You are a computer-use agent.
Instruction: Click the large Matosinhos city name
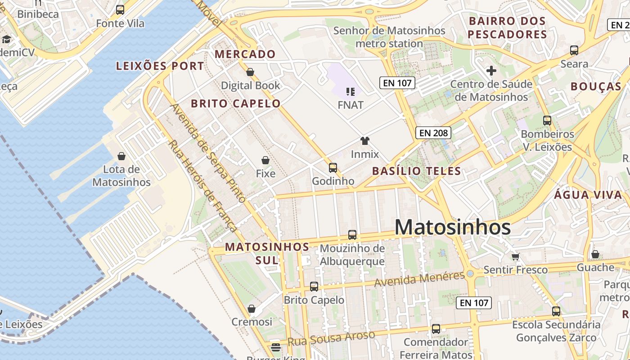[452, 227]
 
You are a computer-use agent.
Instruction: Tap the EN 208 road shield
[433, 133]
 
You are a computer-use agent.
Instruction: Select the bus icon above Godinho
[333, 168]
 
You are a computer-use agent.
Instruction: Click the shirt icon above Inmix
[364, 141]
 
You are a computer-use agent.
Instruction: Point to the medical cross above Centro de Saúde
[491, 71]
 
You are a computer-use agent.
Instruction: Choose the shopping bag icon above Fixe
[265, 160]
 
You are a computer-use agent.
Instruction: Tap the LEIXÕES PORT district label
[160, 66]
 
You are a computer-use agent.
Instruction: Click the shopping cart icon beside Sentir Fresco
[515, 256]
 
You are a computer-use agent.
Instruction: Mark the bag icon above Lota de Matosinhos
[121, 156]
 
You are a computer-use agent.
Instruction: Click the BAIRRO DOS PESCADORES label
[507, 27]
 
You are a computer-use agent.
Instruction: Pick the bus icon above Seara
[574, 50]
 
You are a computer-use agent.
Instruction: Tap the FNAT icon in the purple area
[351, 92]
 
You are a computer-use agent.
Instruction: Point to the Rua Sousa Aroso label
[331, 339]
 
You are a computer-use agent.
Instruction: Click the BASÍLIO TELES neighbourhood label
[417, 171]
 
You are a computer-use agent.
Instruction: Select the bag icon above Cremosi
[252, 309]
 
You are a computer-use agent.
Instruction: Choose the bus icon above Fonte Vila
[120, 10]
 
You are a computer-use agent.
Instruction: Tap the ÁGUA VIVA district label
[588, 195]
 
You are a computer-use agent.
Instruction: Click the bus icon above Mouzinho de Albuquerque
[352, 235]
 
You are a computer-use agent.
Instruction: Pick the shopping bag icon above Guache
[595, 255]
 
